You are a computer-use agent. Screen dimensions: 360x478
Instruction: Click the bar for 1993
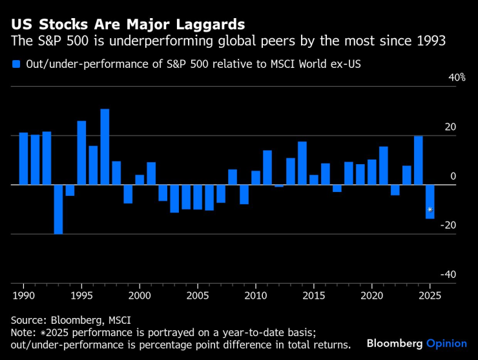58,209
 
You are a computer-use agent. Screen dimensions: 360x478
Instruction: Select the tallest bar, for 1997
105,147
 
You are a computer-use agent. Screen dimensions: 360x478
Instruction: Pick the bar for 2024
418,160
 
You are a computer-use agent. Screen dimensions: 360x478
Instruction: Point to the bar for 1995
81,153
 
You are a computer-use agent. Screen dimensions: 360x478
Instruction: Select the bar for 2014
302,163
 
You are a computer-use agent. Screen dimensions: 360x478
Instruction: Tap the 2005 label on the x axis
197,295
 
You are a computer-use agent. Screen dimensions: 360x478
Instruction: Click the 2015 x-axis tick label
313,295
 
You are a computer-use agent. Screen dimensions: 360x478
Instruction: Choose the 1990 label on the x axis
23,295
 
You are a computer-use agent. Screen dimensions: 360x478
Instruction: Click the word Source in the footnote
27,320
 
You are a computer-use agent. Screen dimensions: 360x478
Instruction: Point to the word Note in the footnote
22,332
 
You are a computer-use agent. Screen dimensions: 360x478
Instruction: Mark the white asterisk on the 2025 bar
430,209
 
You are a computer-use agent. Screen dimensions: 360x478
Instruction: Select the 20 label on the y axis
450,127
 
